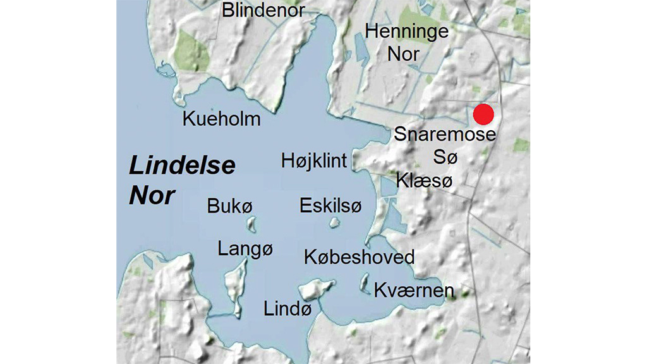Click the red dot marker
(483, 114)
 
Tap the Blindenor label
(263, 11)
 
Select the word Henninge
(407, 32)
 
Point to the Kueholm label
(221, 119)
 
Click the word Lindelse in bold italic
(182, 166)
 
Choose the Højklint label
(314, 161)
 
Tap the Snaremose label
(445, 134)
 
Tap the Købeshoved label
(359, 257)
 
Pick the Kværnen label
(414, 290)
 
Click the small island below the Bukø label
(251, 224)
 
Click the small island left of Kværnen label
(365, 283)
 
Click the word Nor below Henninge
(403, 54)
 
